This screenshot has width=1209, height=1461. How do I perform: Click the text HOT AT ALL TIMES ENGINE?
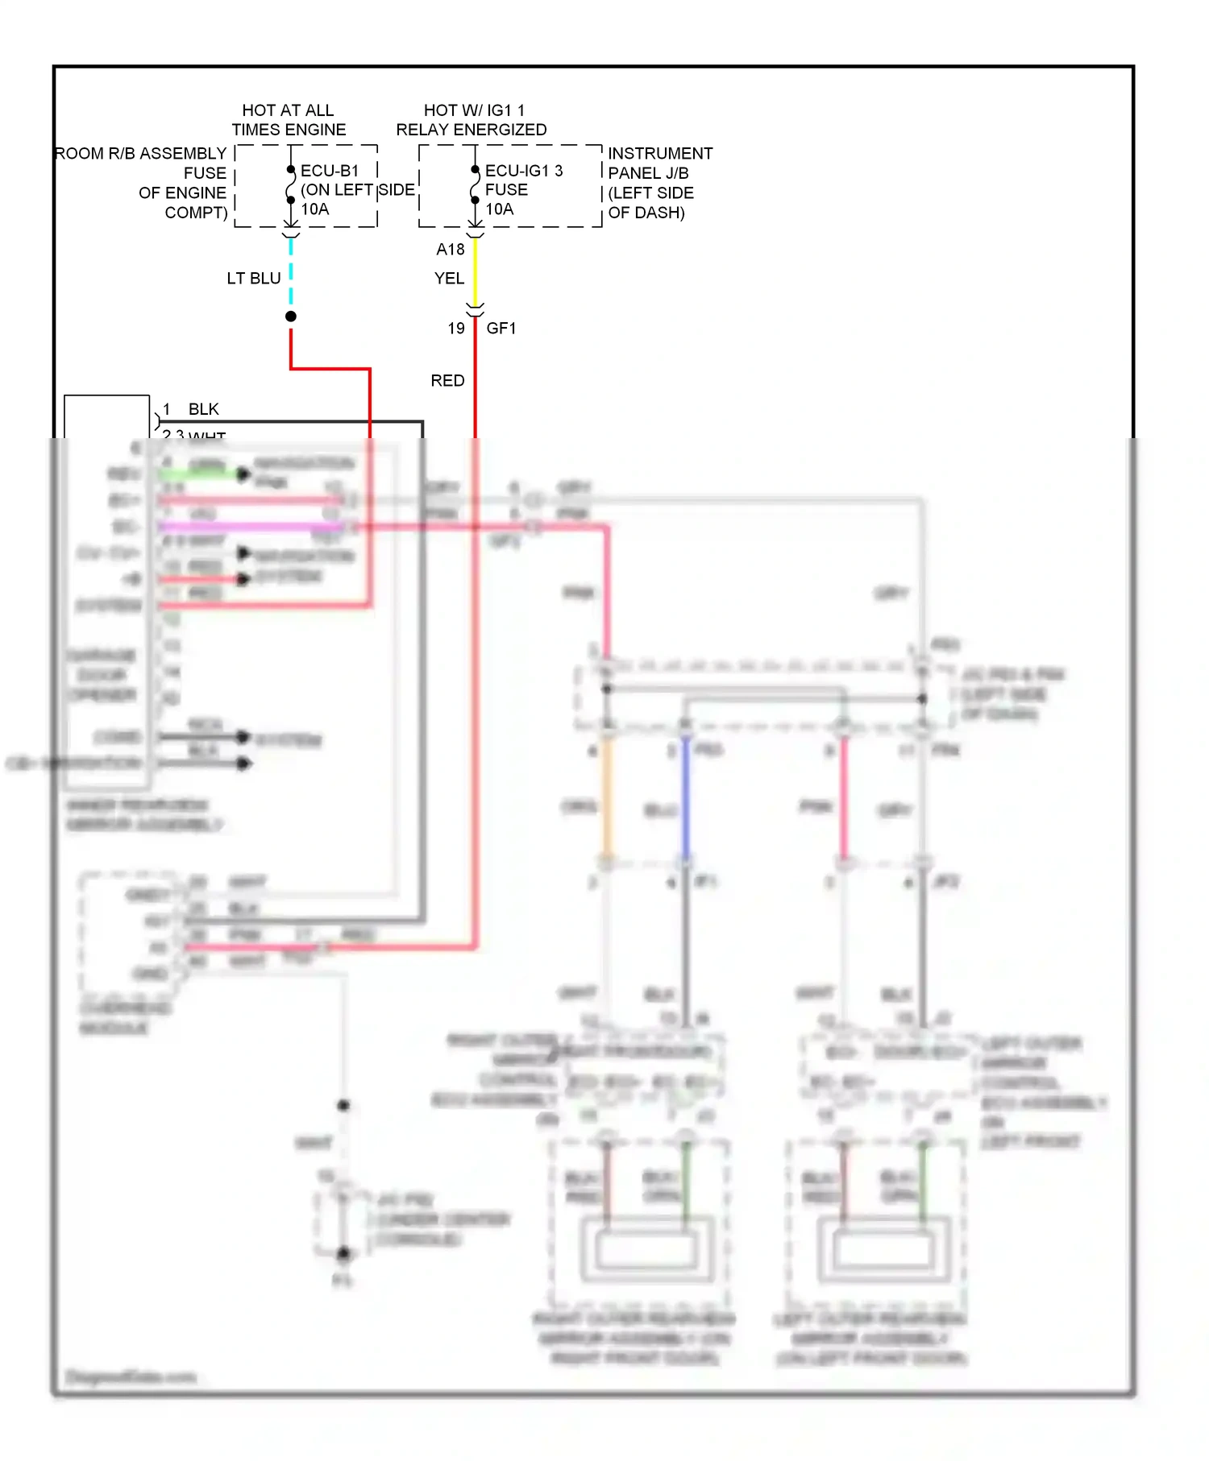(x=289, y=120)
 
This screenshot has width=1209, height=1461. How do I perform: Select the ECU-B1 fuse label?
(x=329, y=171)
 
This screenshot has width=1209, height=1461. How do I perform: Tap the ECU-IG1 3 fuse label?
(x=523, y=171)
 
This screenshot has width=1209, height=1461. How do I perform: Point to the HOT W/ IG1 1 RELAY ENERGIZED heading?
(x=472, y=120)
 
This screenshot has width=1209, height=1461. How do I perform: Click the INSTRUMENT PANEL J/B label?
(x=659, y=163)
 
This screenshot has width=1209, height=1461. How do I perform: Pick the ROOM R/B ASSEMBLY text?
(x=140, y=154)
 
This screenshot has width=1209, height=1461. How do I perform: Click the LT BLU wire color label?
(x=253, y=279)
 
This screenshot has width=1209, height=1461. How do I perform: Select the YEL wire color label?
(x=449, y=279)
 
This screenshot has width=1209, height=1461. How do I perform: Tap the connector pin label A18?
(x=451, y=250)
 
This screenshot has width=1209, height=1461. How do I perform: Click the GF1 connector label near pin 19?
(x=501, y=329)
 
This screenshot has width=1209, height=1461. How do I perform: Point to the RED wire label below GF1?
(x=447, y=381)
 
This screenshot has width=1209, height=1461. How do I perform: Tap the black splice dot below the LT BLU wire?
(x=291, y=317)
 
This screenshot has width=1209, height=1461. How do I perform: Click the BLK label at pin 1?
(x=203, y=409)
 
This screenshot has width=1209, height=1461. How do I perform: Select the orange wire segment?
(x=607, y=797)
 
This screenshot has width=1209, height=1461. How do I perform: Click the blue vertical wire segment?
(x=686, y=797)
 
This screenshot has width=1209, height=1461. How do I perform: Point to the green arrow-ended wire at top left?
(x=201, y=474)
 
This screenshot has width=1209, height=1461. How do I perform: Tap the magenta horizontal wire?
(x=250, y=527)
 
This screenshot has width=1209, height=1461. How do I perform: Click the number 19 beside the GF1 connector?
(x=456, y=329)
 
